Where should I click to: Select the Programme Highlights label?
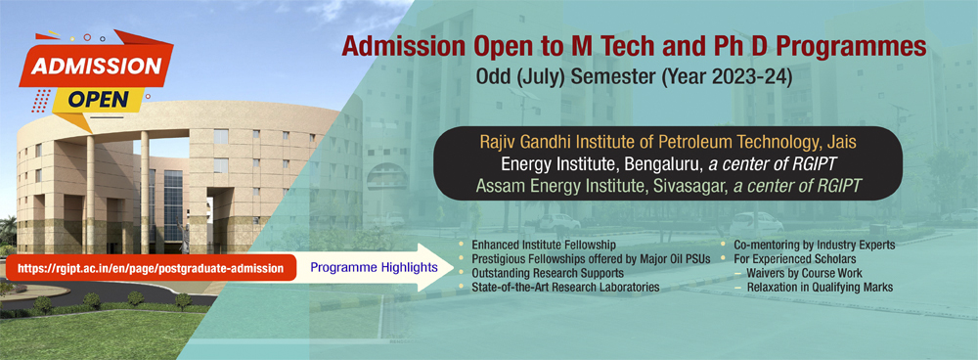click(359, 267)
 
